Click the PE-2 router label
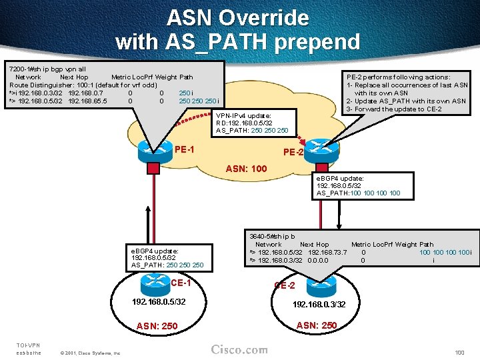click(294, 153)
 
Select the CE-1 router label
click(181, 283)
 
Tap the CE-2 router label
click(285, 285)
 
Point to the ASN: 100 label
click(247, 169)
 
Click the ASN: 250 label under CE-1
click(157, 326)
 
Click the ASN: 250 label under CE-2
click(316, 325)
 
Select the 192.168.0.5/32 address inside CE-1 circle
click(158, 302)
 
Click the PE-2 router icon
click(321, 147)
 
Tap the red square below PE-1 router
click(154, 167)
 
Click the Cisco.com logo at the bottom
click(239, 350)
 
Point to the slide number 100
click(459, 352)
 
